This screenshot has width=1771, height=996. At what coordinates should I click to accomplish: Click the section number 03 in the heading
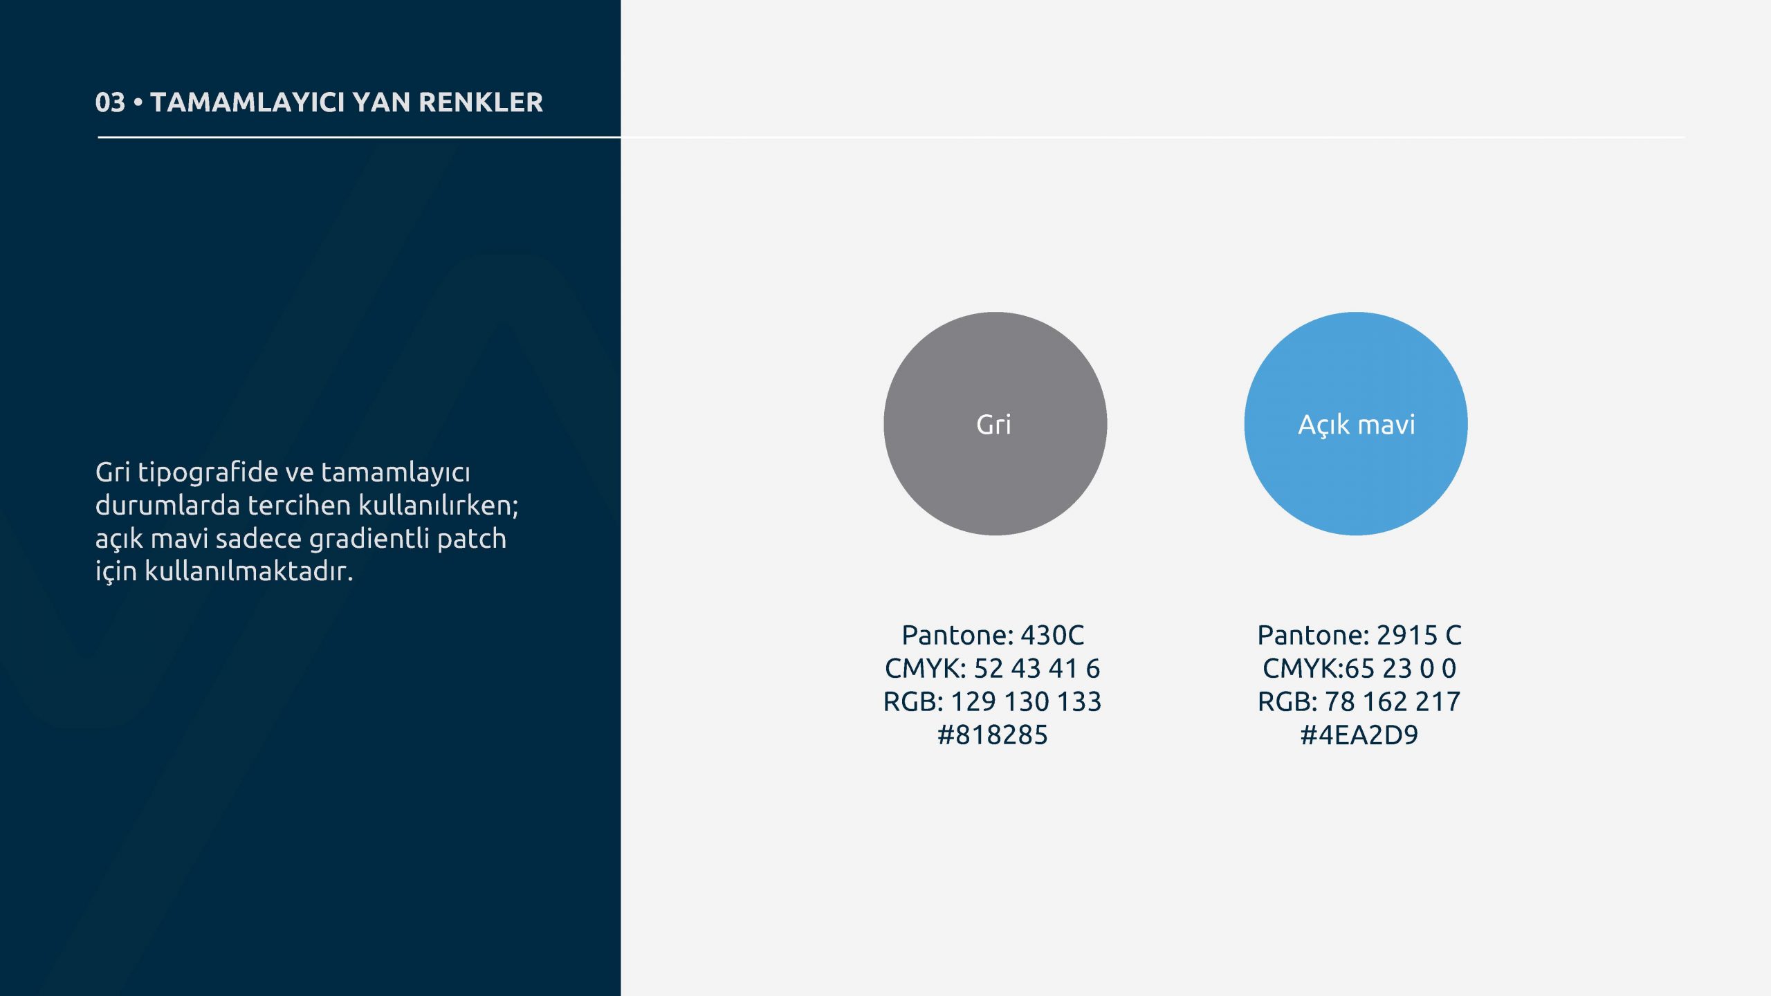110,102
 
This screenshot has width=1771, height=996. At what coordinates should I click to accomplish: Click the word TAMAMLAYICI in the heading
248,102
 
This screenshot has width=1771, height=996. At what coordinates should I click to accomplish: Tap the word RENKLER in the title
481,102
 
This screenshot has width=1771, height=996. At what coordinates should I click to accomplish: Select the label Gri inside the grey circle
993,424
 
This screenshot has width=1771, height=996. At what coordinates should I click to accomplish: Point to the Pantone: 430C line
993,635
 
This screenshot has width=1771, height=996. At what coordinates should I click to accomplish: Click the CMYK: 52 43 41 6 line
993,668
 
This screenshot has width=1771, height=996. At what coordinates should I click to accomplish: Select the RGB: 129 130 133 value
993,701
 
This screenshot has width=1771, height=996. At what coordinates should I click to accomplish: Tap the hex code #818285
993,735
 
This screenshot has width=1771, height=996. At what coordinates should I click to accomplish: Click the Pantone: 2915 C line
1359,635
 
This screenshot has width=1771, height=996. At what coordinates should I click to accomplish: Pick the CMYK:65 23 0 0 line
1359,668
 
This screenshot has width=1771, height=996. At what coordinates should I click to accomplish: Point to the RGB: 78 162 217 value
1359,701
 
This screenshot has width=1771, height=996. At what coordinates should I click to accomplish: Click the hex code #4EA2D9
1359,735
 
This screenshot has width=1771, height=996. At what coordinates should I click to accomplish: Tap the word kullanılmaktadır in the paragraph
248,571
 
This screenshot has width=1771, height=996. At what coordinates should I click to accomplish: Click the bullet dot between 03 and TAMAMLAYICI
138,102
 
